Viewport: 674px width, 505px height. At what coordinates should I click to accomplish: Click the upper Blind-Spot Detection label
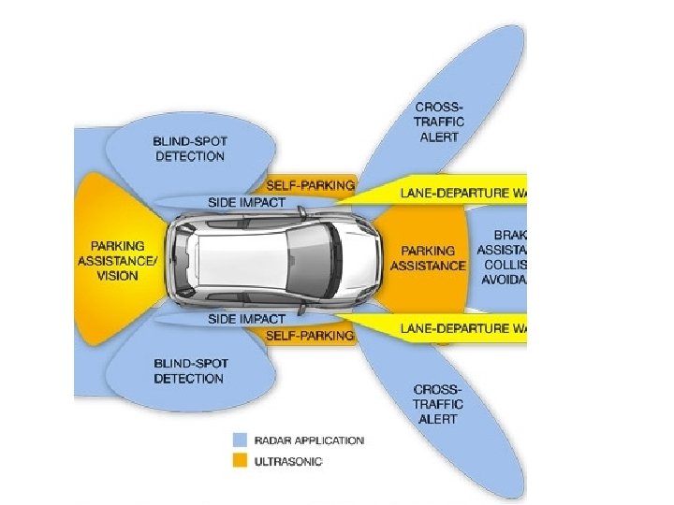189,148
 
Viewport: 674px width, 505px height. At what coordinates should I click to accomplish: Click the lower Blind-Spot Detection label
189,370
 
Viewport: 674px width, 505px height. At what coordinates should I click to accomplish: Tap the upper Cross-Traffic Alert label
438,122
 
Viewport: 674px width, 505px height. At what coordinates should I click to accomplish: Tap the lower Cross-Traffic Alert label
438,403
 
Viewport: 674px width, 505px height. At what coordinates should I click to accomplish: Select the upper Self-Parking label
310,185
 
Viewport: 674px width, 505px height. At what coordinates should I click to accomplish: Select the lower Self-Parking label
310,335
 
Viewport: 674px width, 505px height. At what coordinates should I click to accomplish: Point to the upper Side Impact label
246,202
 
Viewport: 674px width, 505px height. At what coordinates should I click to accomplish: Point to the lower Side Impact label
246,319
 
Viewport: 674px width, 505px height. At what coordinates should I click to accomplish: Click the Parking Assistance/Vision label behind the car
119,261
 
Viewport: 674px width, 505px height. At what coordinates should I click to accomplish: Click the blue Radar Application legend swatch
241,440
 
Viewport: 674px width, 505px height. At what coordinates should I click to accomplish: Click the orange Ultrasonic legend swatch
241,460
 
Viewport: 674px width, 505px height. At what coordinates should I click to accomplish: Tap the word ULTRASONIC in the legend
288,461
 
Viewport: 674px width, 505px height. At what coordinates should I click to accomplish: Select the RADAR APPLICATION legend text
309,440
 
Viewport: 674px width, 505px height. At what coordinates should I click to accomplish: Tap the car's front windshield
309,261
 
